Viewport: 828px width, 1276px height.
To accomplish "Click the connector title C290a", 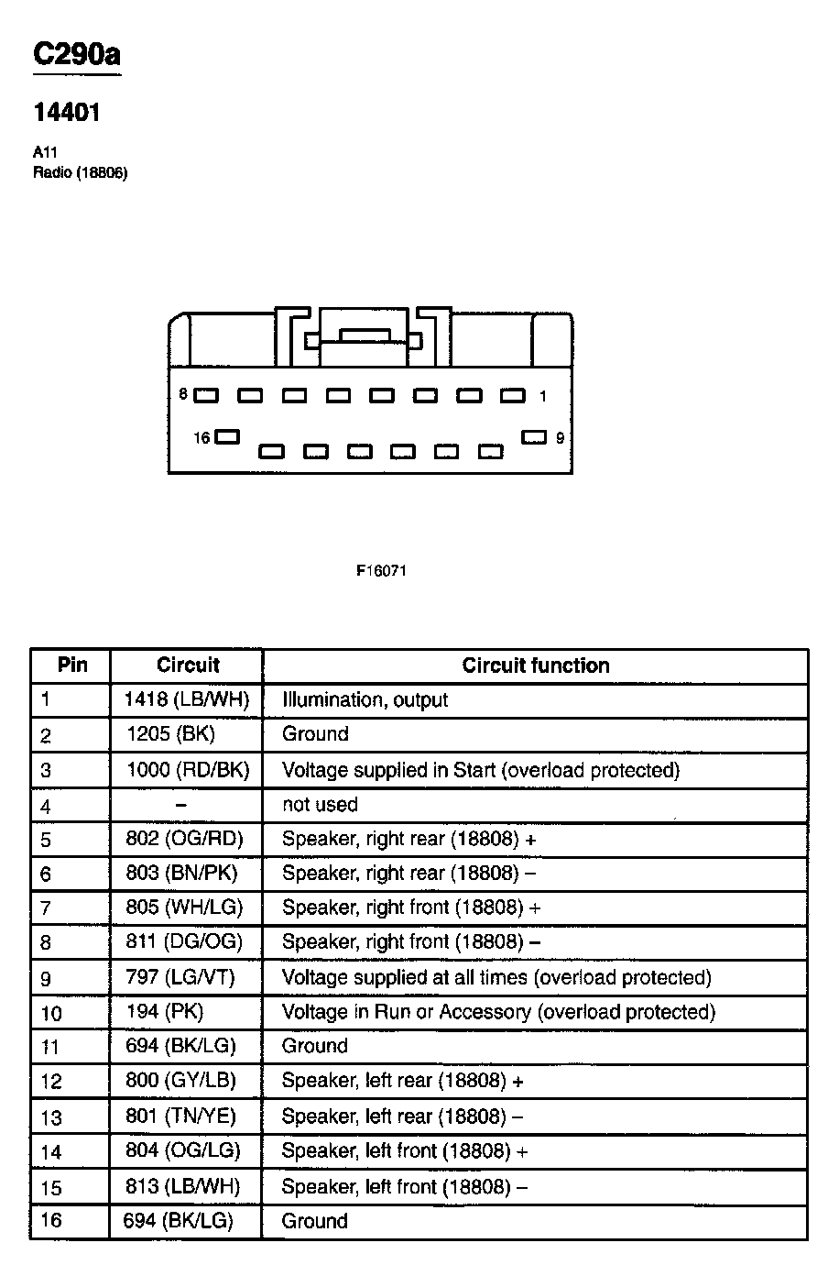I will (x=76, y=55).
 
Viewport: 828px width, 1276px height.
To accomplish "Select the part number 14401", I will (x=67, y=113).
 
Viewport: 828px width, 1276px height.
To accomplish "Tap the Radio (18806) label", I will (x=80, y=172).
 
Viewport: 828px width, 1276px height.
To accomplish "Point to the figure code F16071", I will (x=381, y=570).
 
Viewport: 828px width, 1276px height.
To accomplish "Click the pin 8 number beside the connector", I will (x=183, y=394).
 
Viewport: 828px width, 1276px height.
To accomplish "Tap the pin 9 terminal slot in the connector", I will (x=534, y=437).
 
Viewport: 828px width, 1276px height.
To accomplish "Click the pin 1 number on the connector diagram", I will (x=543, y=396).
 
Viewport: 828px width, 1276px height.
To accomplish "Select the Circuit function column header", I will (x=536, y=665).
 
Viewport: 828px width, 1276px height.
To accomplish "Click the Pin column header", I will (x=71, y=665).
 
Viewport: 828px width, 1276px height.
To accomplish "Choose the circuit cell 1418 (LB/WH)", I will (x=187, y=700).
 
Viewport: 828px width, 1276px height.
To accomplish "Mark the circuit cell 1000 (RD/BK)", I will (x=188, y=770).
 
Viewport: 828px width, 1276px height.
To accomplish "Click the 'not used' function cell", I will (x=320, y=805).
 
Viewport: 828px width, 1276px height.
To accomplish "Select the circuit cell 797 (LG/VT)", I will (x=180, y=977).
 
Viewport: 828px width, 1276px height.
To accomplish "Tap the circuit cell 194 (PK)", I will (x=165, y=1012).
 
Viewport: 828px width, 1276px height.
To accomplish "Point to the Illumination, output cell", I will (x=365, y=700).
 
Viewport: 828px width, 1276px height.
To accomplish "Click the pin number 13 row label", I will (x=51, y=1116).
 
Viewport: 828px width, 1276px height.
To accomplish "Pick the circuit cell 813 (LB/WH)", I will (x=182, y=1186).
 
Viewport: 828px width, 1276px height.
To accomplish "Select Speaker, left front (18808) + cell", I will (x=405, y=1151).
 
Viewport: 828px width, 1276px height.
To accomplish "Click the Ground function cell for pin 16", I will (x=315, y=1221).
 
